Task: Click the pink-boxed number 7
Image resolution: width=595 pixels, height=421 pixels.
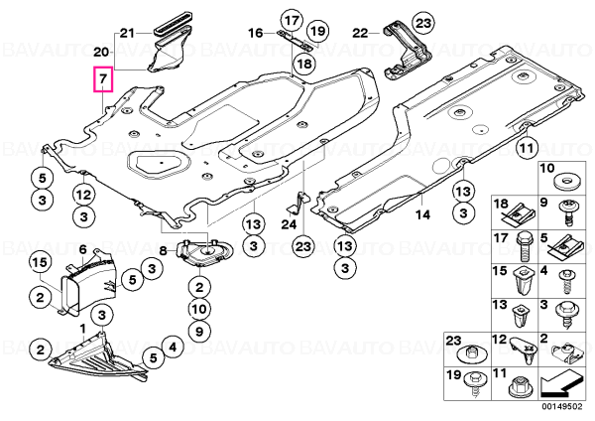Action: [x=103, y=79]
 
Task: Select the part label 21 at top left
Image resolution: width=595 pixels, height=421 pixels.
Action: [x=127, y=34]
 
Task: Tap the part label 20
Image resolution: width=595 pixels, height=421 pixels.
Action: [x=101, y=52]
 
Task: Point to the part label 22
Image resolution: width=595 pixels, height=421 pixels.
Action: [x=360, y=34]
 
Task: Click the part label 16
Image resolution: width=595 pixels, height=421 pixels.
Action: [x=256, y=33]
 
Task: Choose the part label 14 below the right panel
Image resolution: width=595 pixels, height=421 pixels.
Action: [x=422, y=215]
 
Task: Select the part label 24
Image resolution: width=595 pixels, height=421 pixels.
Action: [x=289, y=224]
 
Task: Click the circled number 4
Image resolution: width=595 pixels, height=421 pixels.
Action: [x=173, y=347]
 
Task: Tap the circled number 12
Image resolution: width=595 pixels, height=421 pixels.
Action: [x=84, y=195]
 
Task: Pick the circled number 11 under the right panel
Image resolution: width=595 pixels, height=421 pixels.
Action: [x=528, y=147]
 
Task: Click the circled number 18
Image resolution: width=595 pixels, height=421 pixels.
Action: [x=304, y=64]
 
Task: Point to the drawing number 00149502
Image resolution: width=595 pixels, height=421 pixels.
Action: [x=561, y=406]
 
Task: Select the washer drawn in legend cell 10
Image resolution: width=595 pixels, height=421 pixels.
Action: [x=567, y=182]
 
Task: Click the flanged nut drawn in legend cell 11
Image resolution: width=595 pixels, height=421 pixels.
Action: [x=519, y=387]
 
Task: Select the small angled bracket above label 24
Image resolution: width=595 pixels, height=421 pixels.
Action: [x=297, y=204]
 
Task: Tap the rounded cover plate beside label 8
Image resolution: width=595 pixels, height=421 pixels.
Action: [x=204, y=252]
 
